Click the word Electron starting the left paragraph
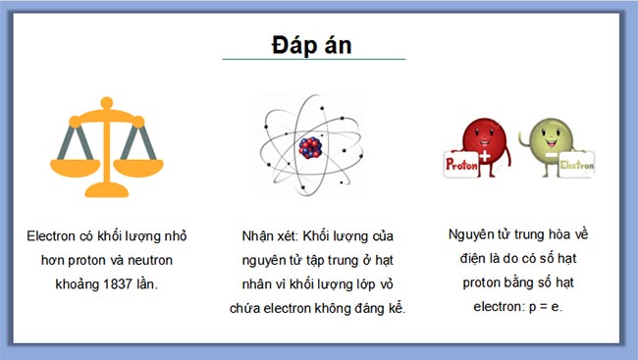[51, 236]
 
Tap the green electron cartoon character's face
[545, 136]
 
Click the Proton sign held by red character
[461, 166]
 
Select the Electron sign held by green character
[574, 166]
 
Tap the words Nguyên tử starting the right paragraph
[480, 234]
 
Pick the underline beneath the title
[313, 60]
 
